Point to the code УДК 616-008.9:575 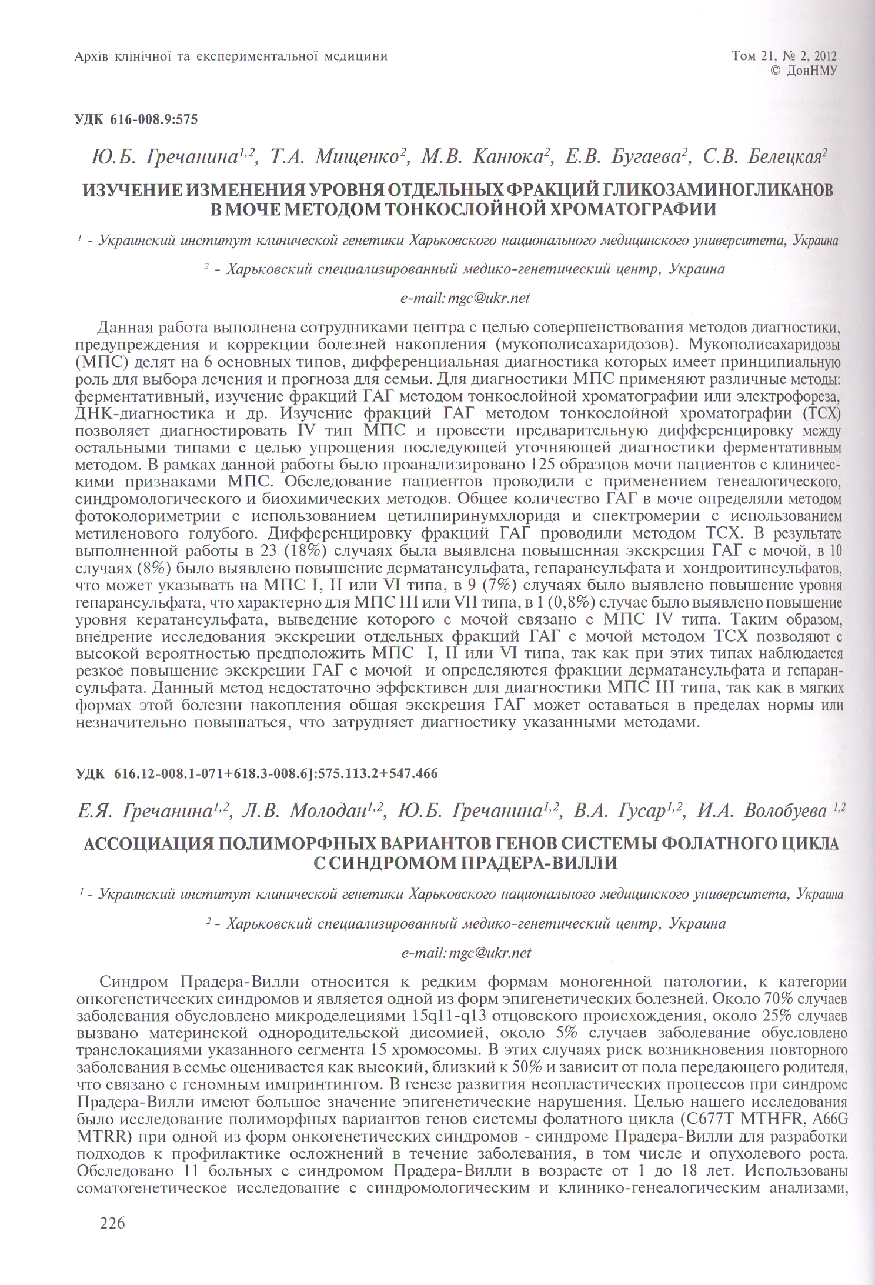(136, 120)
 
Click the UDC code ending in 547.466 (257, 773)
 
